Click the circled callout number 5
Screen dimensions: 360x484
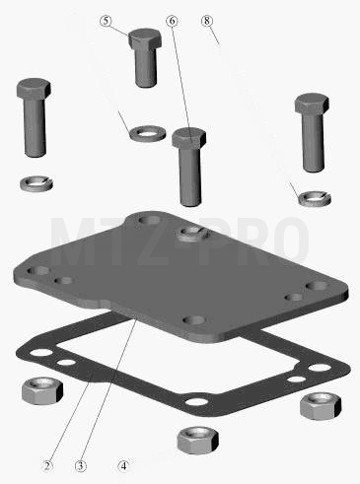(x=106, y=21)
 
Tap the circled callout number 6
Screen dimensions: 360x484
(x=172, y=21)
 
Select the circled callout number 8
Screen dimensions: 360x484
(x=207, y=21)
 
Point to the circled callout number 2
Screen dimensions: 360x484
(x=47, y=465)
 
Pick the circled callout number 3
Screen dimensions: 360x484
(x=81, y=465)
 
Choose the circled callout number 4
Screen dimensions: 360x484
(x=123, y=465)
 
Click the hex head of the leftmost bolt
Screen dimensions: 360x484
(x=34, y=89)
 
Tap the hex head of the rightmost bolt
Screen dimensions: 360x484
(x=312, y=104)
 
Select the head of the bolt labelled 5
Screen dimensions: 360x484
(x=145, y=38)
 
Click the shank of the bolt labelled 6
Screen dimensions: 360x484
(x=190, y=176)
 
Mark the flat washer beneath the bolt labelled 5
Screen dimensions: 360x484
(x=148, y=133)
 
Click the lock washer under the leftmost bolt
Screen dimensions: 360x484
(x=36, y=183)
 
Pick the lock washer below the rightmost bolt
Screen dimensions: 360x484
(x=315, y=198)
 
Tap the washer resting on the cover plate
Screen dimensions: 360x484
(x=192, y=234)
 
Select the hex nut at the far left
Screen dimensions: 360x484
(x=42, y=390)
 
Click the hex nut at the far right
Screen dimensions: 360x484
(x=321, y=406)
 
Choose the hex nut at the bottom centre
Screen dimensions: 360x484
(x=198, y=441)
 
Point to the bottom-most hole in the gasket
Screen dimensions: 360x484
(x=196, y=402)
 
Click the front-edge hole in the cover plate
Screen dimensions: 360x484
(x=194, y=319)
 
